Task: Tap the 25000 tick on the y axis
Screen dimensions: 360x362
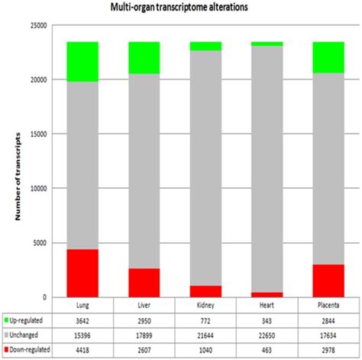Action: coord(37,25)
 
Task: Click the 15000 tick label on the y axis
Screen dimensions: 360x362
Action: coord(37,134)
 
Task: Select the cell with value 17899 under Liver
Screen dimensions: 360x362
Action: coord(144,334)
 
